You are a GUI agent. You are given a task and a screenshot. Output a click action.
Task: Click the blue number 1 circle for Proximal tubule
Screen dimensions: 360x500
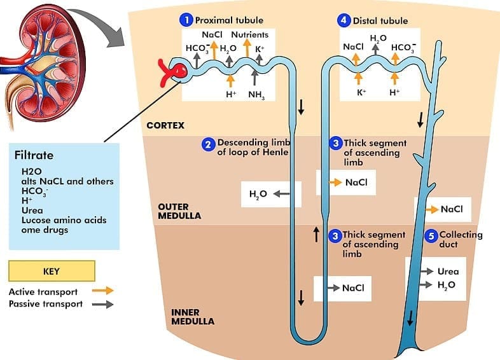186,20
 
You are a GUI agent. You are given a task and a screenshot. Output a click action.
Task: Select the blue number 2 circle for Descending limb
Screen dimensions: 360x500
208,145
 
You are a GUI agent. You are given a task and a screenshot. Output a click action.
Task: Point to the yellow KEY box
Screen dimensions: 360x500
52,271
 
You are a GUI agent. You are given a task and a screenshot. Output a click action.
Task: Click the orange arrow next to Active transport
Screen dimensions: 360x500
102,291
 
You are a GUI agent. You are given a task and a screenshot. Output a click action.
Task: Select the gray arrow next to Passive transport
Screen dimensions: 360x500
102,304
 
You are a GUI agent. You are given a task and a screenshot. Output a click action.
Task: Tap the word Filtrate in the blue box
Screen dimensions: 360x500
34,155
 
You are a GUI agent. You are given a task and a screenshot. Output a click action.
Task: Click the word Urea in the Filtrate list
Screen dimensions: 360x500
32,211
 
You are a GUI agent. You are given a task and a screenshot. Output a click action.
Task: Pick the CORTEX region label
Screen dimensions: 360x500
165,125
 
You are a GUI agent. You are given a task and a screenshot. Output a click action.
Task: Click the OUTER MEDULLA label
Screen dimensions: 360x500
179,211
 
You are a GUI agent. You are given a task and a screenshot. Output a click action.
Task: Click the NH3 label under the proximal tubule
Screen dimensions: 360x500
256,95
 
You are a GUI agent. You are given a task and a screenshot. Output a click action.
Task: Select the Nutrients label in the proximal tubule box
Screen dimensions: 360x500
249,34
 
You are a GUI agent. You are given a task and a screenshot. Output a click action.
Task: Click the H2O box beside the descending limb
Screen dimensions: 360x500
261,194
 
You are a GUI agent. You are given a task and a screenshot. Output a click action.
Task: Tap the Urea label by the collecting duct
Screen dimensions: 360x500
448,272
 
